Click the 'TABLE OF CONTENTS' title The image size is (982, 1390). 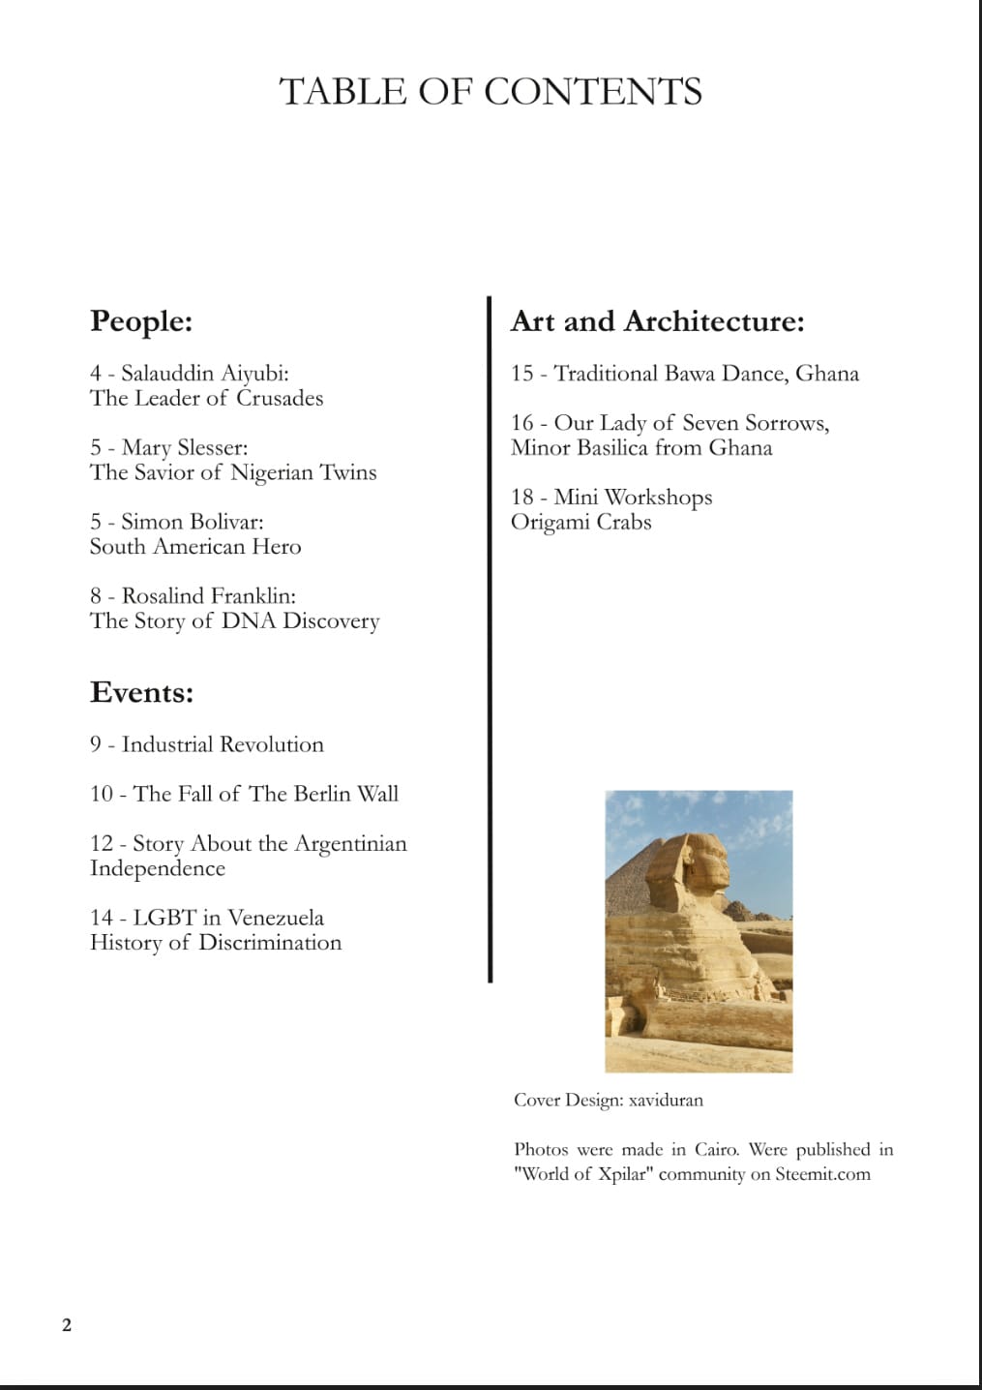491,91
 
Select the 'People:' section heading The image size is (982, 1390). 141,320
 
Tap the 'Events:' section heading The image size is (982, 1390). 141,692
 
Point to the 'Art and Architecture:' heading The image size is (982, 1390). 657,320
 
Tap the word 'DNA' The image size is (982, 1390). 249,620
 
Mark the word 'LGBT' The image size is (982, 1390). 164,918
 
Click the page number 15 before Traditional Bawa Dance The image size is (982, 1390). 522,374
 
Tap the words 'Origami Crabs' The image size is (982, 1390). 581,523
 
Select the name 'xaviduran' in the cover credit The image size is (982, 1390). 666,1101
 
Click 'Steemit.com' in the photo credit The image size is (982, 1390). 822,1174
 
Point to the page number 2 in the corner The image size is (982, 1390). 67,1325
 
